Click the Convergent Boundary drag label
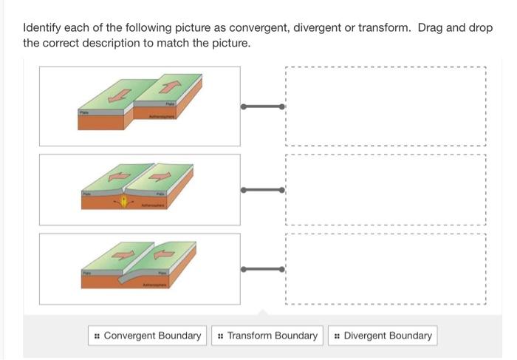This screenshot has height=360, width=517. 146,336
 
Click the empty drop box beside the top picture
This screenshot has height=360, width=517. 385,106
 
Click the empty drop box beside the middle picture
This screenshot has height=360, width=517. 385,190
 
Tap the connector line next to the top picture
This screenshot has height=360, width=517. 262,106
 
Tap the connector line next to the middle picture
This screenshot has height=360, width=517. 262,190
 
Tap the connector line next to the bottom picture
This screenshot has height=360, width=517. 262,268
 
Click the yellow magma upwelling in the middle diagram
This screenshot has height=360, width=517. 124,201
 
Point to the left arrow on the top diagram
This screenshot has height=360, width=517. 117,96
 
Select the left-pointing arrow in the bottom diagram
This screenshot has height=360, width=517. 161,255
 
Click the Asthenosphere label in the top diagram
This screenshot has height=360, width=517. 162,116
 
